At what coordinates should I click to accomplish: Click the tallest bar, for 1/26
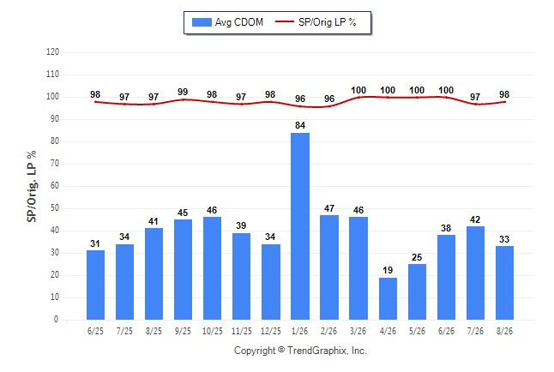click(x=300, y=226)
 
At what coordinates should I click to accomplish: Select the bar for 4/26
click(x=388, y=298)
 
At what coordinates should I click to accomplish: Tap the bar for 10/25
click(x=212, y=268)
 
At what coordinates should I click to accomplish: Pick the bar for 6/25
click(x=95, y=285)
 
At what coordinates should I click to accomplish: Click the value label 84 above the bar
click(x=300, y=125)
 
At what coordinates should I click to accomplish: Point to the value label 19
click(x=388, y=270)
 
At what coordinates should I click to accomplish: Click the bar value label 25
click(x=417, y=257)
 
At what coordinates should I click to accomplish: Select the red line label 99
click(x=183, y=92)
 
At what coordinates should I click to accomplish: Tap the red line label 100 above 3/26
click(x=358, y=91)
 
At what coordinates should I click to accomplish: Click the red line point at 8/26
click(x=504, y=102)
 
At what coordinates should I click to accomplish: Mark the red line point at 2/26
click(x=329, y=106)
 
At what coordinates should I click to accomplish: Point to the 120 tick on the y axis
click(x=52, y=52)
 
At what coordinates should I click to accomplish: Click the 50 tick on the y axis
click(x=55, y=208)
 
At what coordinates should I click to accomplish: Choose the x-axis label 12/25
click(x=271, y=331)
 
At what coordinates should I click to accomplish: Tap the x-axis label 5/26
click(x=417, y=331)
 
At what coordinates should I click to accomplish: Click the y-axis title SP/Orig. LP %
click(x=32, y=186)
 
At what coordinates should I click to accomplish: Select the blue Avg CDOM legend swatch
click(x=202, y=22)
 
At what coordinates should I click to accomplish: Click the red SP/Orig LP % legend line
click(x=285, y=21)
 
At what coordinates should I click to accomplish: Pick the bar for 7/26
click(x=475, y=273)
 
